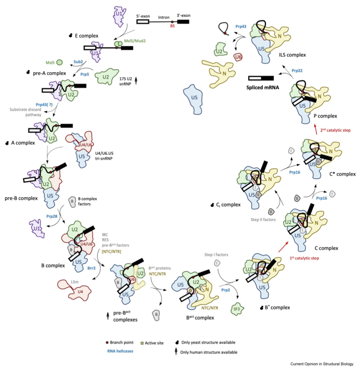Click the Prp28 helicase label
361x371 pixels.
(51, 216)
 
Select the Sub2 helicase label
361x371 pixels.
(78, 62)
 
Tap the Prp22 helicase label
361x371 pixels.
(297, 71)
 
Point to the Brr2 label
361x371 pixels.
(91, 268)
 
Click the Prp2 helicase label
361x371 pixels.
(225, 290)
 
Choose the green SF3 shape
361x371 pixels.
(237, 309)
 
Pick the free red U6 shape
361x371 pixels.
(238, 57)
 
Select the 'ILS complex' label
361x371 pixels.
(292, 55)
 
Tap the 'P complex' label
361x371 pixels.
(325, 116)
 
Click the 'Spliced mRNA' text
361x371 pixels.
(262, 88)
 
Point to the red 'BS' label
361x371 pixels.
(172, 26)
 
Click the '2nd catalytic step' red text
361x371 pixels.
(335, 130)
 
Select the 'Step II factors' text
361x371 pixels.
(263, 220)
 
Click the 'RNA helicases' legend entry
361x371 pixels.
(120, 351)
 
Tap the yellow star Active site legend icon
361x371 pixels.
(142, 343)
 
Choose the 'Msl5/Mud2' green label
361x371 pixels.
(135, 41)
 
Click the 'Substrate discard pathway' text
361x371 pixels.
(25, 112)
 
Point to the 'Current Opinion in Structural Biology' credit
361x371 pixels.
(322, 364)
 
